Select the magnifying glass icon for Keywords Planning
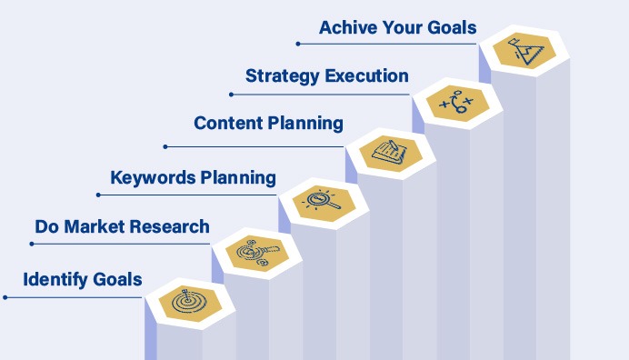click(323, 199)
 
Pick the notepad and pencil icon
click(390, 150)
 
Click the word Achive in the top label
click(348, 28)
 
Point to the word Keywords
click(148, 176)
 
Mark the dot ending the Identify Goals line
click(5, 296)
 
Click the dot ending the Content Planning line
click(165, 145)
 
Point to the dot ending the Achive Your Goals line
click(298, 42)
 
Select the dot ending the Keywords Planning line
click(97, 195)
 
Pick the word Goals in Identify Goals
click(118, 279)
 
